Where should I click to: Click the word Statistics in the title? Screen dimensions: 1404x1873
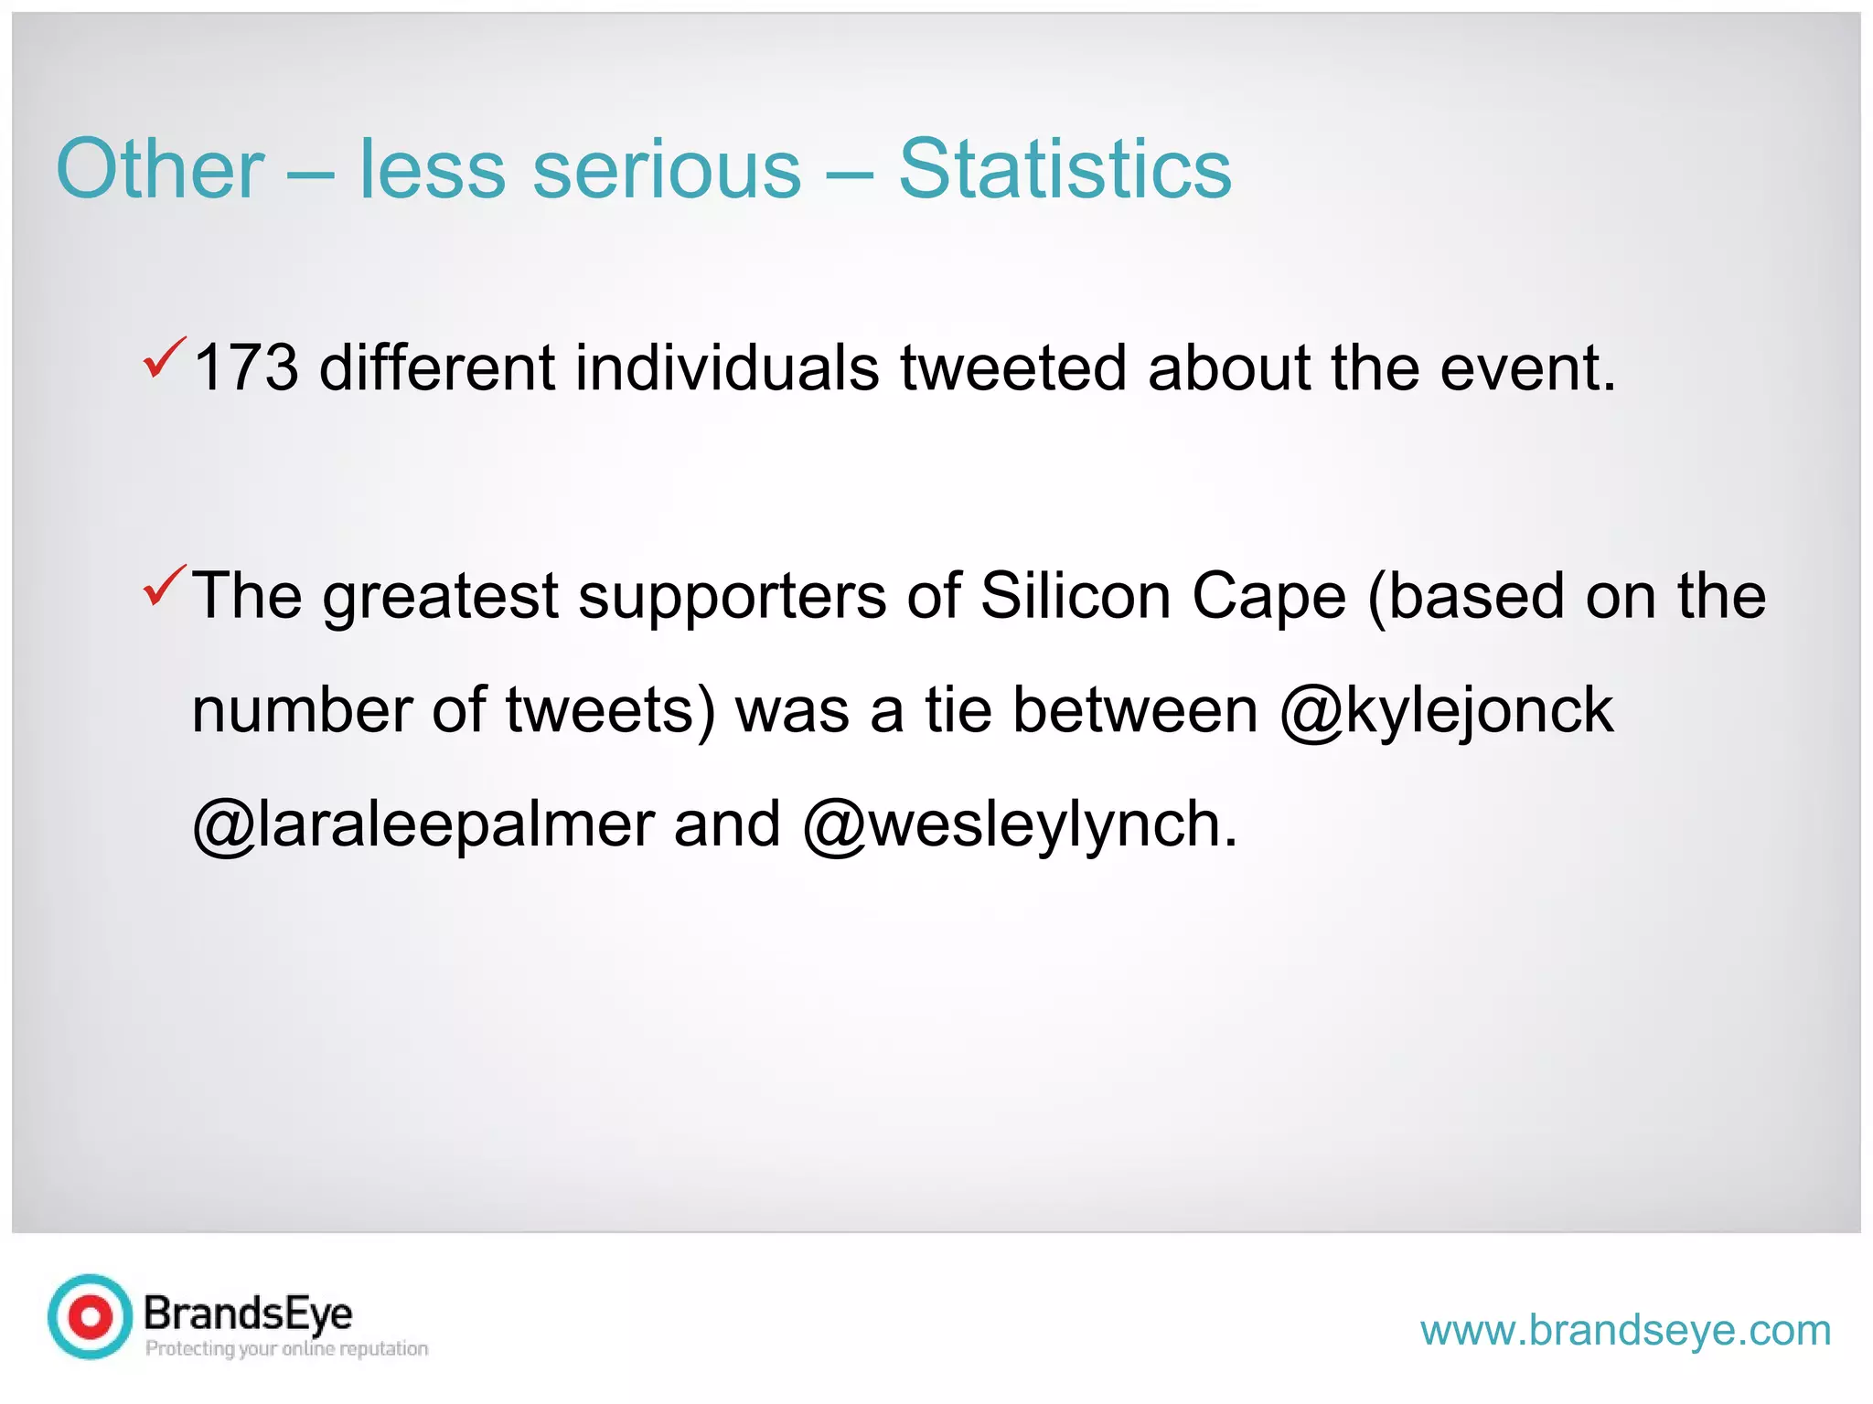point(1065,169)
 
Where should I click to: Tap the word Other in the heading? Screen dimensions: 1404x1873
point(160,169)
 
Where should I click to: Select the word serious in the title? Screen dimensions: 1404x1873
point(667,169)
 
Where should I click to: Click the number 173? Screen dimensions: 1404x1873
point(246,368)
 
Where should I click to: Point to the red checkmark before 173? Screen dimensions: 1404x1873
point(165,357)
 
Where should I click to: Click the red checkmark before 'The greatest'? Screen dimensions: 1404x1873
point(165,586)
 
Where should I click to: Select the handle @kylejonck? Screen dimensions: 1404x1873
point(1446,711)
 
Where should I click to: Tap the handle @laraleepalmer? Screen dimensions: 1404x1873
point(423,824)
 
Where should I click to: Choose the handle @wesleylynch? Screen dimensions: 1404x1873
point(1019,824)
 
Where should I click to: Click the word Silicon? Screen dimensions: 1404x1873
point(1076,597)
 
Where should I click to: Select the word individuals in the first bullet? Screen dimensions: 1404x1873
point(726,368)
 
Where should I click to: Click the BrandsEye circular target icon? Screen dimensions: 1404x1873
point(91,1316)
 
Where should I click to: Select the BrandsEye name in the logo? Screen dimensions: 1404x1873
point(248,1314)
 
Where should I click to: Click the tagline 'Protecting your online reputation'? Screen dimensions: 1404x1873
point(286,1348)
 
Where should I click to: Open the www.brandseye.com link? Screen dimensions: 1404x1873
point(1625,1330)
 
